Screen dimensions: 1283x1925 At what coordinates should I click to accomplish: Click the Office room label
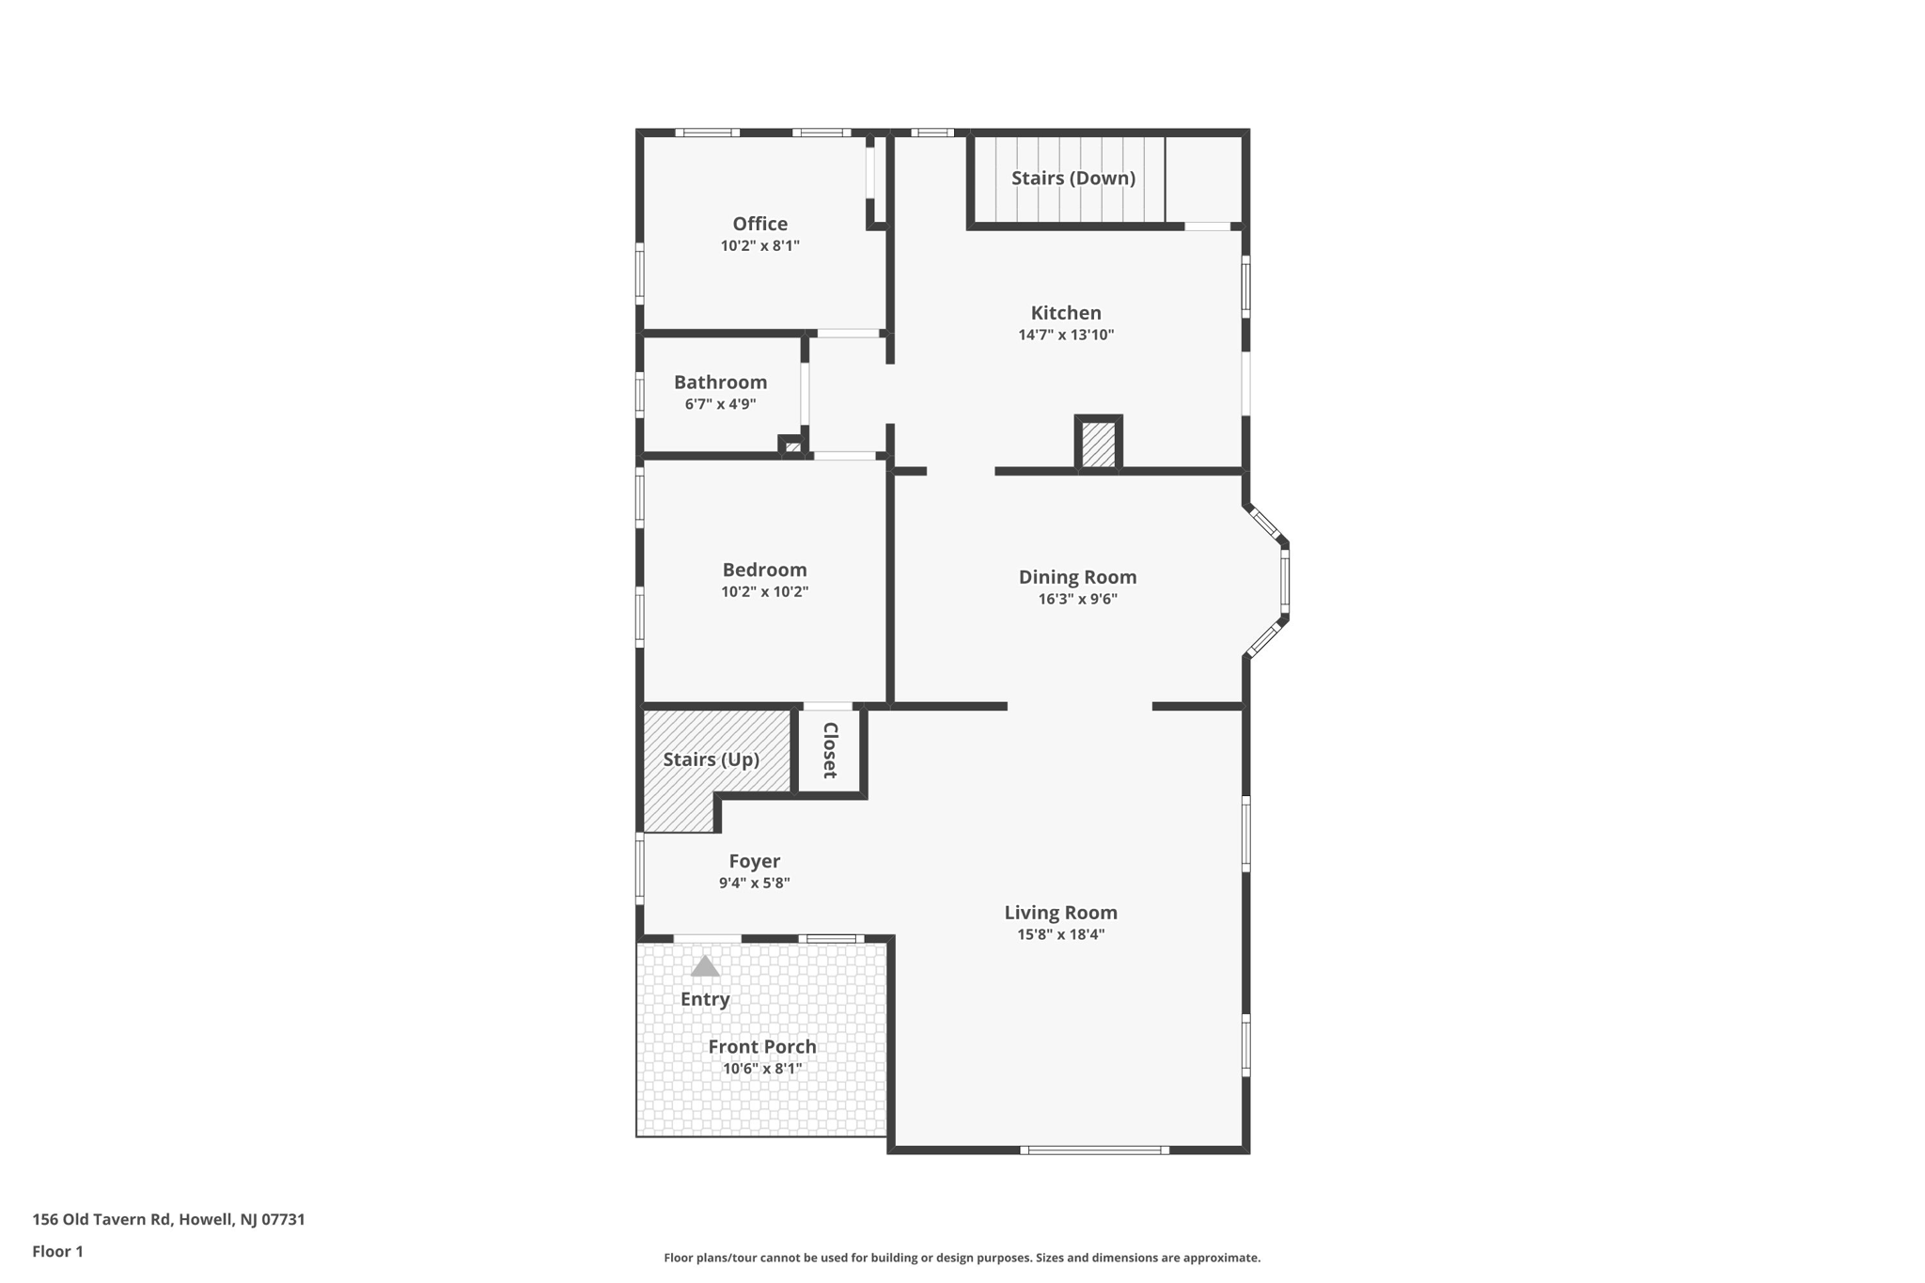[x=759, y=224]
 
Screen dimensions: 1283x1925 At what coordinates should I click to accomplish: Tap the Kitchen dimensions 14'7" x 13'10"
[x=1066, y=335]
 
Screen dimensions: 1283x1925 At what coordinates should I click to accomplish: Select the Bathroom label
[x=720, y=382]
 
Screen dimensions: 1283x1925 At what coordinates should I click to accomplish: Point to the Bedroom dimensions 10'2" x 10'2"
[x=764, y=592]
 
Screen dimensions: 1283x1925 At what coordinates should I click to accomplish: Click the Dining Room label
[x=1077, y=577]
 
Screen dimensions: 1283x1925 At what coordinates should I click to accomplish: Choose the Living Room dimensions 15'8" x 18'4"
[x=1060, y=934]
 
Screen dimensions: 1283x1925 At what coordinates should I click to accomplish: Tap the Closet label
[x=829, y=750]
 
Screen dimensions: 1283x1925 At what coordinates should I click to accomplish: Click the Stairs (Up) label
[x=711, y=759]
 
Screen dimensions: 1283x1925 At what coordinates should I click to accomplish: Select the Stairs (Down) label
[x=1072, y=178]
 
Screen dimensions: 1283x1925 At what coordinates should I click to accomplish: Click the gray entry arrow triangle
[x=705, y=966]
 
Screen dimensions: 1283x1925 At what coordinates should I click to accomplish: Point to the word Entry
[x=705, y=999]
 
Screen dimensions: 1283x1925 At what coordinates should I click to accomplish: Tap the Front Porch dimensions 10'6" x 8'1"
[x=761, y=1069]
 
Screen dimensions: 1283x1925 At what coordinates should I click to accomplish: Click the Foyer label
[x=754, y=861]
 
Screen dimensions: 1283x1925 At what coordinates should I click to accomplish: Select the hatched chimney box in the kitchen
[x=1098, y=444]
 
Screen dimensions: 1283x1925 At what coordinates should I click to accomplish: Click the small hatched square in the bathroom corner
[x=792, y=446]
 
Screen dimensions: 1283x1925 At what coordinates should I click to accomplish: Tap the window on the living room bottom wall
[x=1094, y=1150]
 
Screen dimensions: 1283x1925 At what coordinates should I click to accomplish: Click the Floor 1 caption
[x=57, y=1251]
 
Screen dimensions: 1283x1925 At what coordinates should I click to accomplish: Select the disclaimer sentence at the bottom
[x=962, y=1258]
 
